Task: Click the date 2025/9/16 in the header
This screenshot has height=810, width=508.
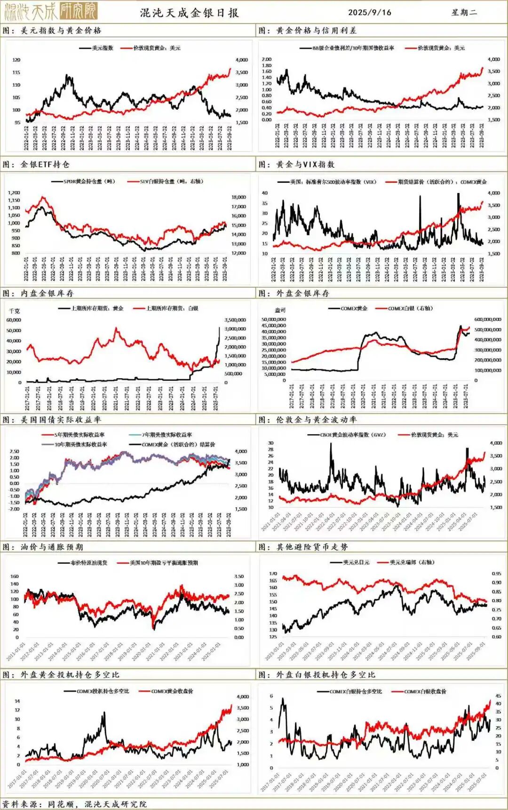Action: coord(370,13)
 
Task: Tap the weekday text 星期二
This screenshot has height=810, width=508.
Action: coord(464,13)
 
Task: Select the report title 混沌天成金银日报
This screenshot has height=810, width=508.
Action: coord(190,13)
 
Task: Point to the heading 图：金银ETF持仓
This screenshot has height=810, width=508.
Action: coord(36,164)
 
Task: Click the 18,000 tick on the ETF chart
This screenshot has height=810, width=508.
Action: coord(238,197)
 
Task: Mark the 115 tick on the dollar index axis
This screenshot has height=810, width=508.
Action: coord(16,73)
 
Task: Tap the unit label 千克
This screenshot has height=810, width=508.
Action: coord(15,311)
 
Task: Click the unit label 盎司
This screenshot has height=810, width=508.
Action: coord(280,310)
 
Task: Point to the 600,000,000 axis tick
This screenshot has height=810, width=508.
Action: coord(488,319)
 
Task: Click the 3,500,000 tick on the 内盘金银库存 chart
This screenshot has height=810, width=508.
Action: coord(235,320)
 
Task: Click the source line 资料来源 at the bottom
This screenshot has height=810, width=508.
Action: coord(74,804)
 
